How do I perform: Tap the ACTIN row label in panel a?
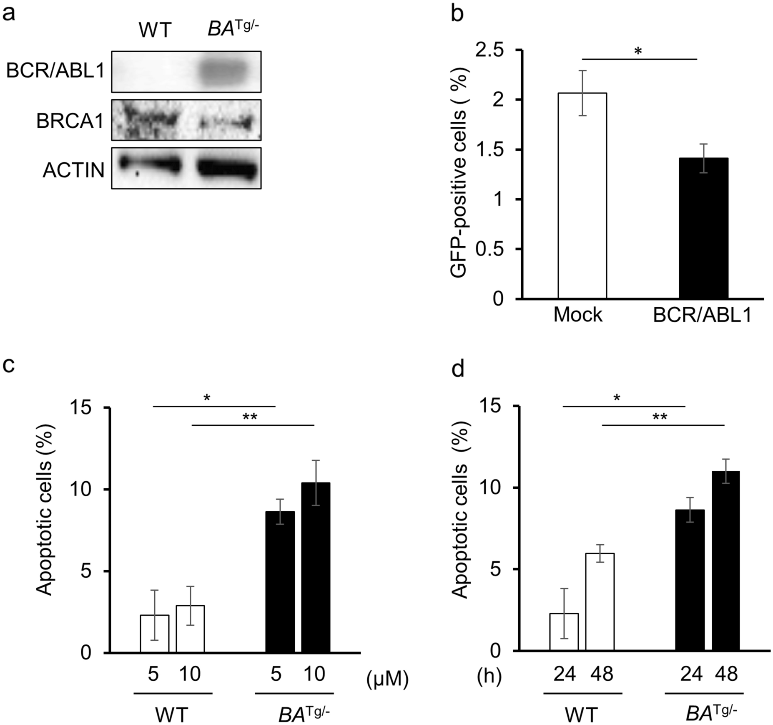tap(73, 170)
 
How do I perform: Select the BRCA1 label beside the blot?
tap(70, 121)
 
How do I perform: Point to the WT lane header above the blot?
tap(155, 30)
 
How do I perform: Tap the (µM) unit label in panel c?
tap(387, 680)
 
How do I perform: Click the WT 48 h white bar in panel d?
tap(600, 602)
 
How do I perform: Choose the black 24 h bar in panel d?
tap(690, 580)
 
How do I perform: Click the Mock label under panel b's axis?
tap(578, 315)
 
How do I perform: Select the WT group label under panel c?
tap(172, 715)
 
